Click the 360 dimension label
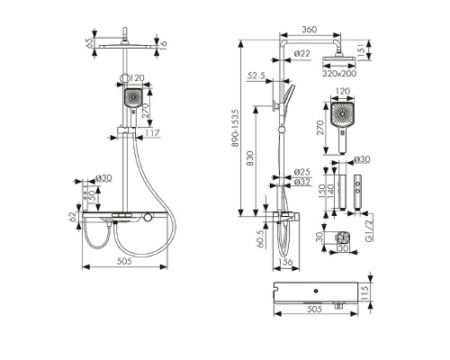point(309,30)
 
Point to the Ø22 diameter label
point(301,54)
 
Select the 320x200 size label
point(339,74)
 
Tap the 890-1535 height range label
point(236,128)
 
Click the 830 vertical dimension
point(250,158)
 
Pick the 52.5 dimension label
point(256,76)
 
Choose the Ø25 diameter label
point(301,172)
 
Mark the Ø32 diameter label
point(302,182)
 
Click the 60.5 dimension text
point(261,238)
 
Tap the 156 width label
point(285,262)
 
